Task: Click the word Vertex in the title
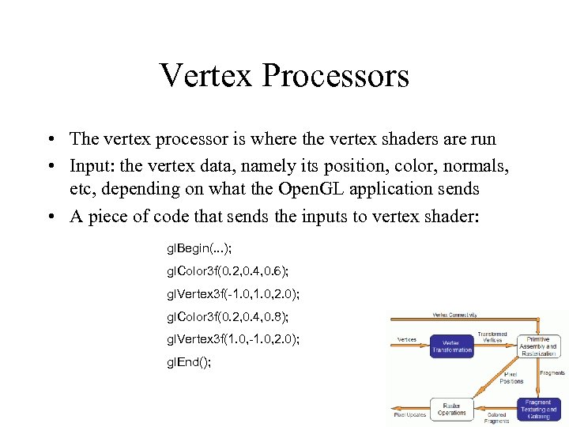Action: [x=204, y=76]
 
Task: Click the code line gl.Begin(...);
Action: [x=198, y=248]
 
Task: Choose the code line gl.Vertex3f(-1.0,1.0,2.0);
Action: [x=232, y=294]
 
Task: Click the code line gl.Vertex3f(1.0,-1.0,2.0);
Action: [x=232, y=339]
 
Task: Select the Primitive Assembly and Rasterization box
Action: [x=539, y=344]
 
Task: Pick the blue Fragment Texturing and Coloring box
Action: [x=539, y=407]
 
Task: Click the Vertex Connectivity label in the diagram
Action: [x=454, y=315]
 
